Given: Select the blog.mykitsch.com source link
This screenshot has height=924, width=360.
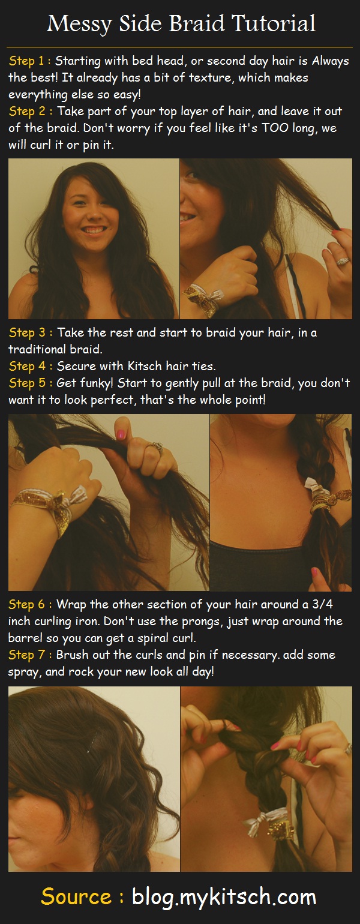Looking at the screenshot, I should (x=223, y=898).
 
